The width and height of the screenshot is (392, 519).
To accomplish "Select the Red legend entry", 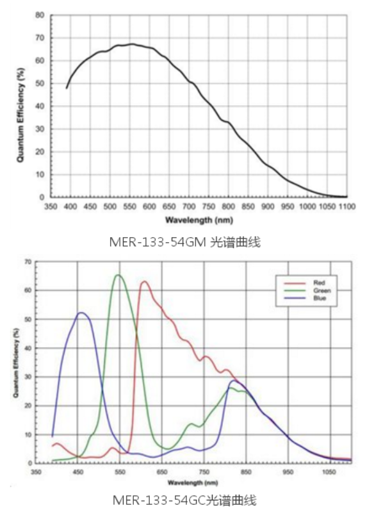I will (x=320, y=283).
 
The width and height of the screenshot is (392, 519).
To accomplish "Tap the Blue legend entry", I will (x=320, y=298).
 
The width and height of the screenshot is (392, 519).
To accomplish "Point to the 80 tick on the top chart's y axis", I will (x=40, y=15).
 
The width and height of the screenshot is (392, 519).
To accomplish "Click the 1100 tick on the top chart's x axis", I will (x=347, y=206).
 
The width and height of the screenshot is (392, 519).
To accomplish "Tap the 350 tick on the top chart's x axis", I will (x=51, y=206).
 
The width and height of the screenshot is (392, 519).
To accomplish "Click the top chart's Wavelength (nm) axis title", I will (x=199, y=219).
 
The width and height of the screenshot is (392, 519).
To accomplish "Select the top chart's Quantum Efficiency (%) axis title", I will (x=20, y=106).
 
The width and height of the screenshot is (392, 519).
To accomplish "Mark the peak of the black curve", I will (x=132, y=44).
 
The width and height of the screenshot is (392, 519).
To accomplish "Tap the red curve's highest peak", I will (x=144, y=282).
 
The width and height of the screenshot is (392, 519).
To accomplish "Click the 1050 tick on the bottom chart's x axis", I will (x=329, y=472).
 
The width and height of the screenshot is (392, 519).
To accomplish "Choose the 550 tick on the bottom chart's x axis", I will (x=120, y=472).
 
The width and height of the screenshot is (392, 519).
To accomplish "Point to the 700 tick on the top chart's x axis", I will (x=189, y=206).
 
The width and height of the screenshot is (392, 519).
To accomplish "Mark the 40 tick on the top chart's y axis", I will (x=40, y=106).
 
